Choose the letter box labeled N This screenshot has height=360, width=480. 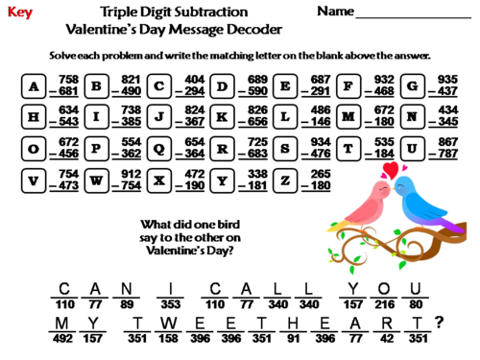pos(412,118)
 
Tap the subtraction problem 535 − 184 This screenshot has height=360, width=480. pos(382,149)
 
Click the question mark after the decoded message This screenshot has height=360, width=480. pos(439,324)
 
